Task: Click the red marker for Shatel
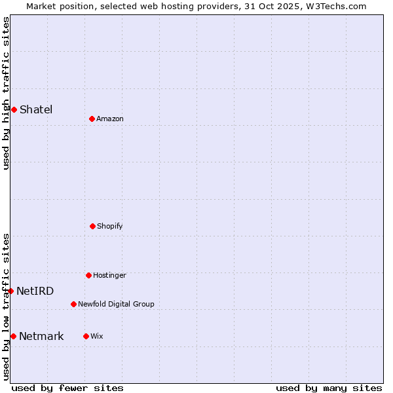[14, 109]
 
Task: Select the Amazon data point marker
[92, 119]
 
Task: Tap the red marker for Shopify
[92, 226]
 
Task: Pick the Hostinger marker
[88, 275]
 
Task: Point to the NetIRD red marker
[10, 291]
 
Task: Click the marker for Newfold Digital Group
[73, 304]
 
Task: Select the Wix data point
[86, 336]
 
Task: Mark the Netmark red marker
[13, 336]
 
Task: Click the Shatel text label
[36, 109]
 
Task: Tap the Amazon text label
[110, 119]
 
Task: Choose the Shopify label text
[110, 226]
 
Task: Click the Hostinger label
[109, 275]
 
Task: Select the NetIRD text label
[35, 291]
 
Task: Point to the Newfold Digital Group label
[116, 304]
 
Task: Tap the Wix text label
[97, 336]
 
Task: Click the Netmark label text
[41, 336]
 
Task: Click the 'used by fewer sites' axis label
[67, 388]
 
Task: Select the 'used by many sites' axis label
[329, 388]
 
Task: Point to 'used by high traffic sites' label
[6, 93]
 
